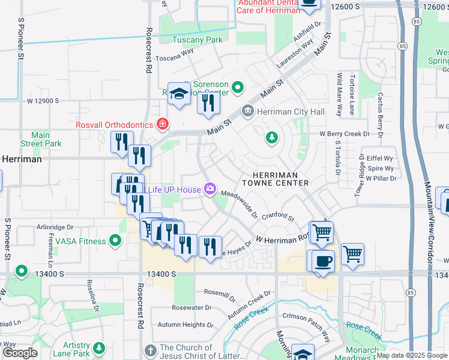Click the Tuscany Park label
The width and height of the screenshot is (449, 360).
coord(197,40)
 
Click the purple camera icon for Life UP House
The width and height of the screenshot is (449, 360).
coord(210,190)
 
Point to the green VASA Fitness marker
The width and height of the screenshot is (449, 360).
coord(116,241)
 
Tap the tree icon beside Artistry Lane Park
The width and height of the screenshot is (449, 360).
coord(98,348)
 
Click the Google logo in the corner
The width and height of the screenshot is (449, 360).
coord(20,353)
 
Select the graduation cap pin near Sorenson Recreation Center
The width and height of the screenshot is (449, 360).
coord(179,94)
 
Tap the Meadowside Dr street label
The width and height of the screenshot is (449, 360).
coord(239,205)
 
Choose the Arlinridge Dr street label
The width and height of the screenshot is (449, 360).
coord(55,227)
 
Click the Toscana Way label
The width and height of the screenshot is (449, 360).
coord(175,52)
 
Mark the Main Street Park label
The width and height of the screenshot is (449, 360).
coord(41,140)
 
